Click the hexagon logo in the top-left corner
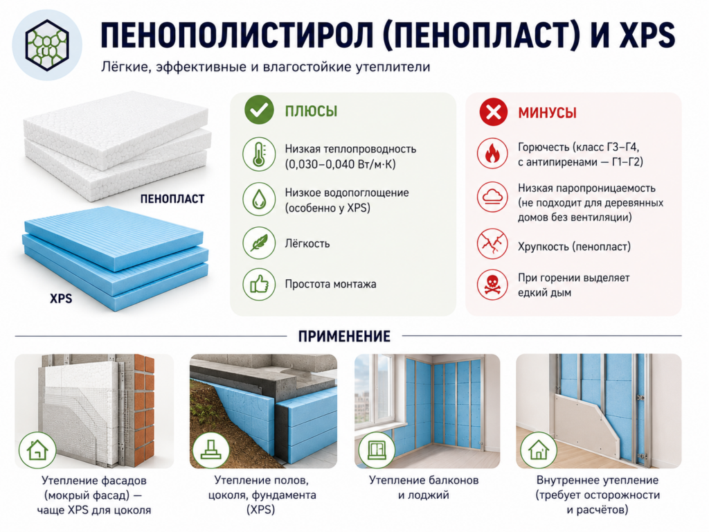coord(46,45)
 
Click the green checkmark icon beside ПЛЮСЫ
coord(259,110)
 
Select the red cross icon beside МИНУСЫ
coord(493,112)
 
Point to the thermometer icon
coord(259,154)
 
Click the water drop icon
coord(259,199)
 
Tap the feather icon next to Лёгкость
coord(259,243)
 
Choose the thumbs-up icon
coord(259,284)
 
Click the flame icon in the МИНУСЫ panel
coord(492,153)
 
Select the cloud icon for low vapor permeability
coord(492,197)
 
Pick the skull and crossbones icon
coord(492,285)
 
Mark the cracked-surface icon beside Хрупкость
coord(492,245)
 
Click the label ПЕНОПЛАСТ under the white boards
coord(172,199)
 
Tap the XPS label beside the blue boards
coord(61,299)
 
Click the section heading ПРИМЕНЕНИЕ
coord(344,336)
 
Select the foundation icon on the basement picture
coord(210,450)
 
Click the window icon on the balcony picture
coord(377,450)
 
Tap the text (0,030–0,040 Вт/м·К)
coord(340,163)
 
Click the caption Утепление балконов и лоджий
coord(424,487)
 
